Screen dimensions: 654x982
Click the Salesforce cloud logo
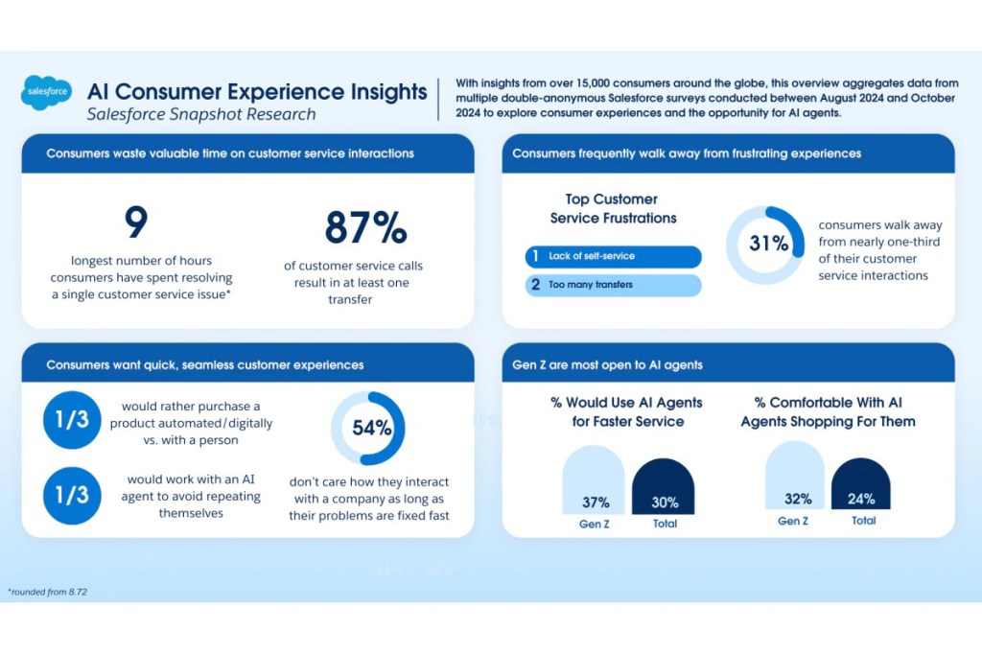pos(46,92)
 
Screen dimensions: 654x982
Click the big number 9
pos(135,223)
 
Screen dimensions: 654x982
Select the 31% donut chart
pos(765,245)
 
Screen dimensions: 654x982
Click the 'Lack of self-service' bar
pos(613,256)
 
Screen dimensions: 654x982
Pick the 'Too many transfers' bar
pos(613,285)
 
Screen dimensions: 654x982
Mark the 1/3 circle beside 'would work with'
pos(72,495)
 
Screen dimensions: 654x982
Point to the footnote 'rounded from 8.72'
pos(47,592)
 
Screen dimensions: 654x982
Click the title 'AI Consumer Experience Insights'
pos(257,92)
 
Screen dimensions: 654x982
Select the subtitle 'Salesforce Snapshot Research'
pos(200,115)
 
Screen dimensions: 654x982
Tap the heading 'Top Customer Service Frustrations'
pos(613,208)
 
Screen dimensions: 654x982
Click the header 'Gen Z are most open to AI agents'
pos(607,364)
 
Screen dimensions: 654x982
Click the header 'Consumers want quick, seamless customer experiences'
pos(205,364)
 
